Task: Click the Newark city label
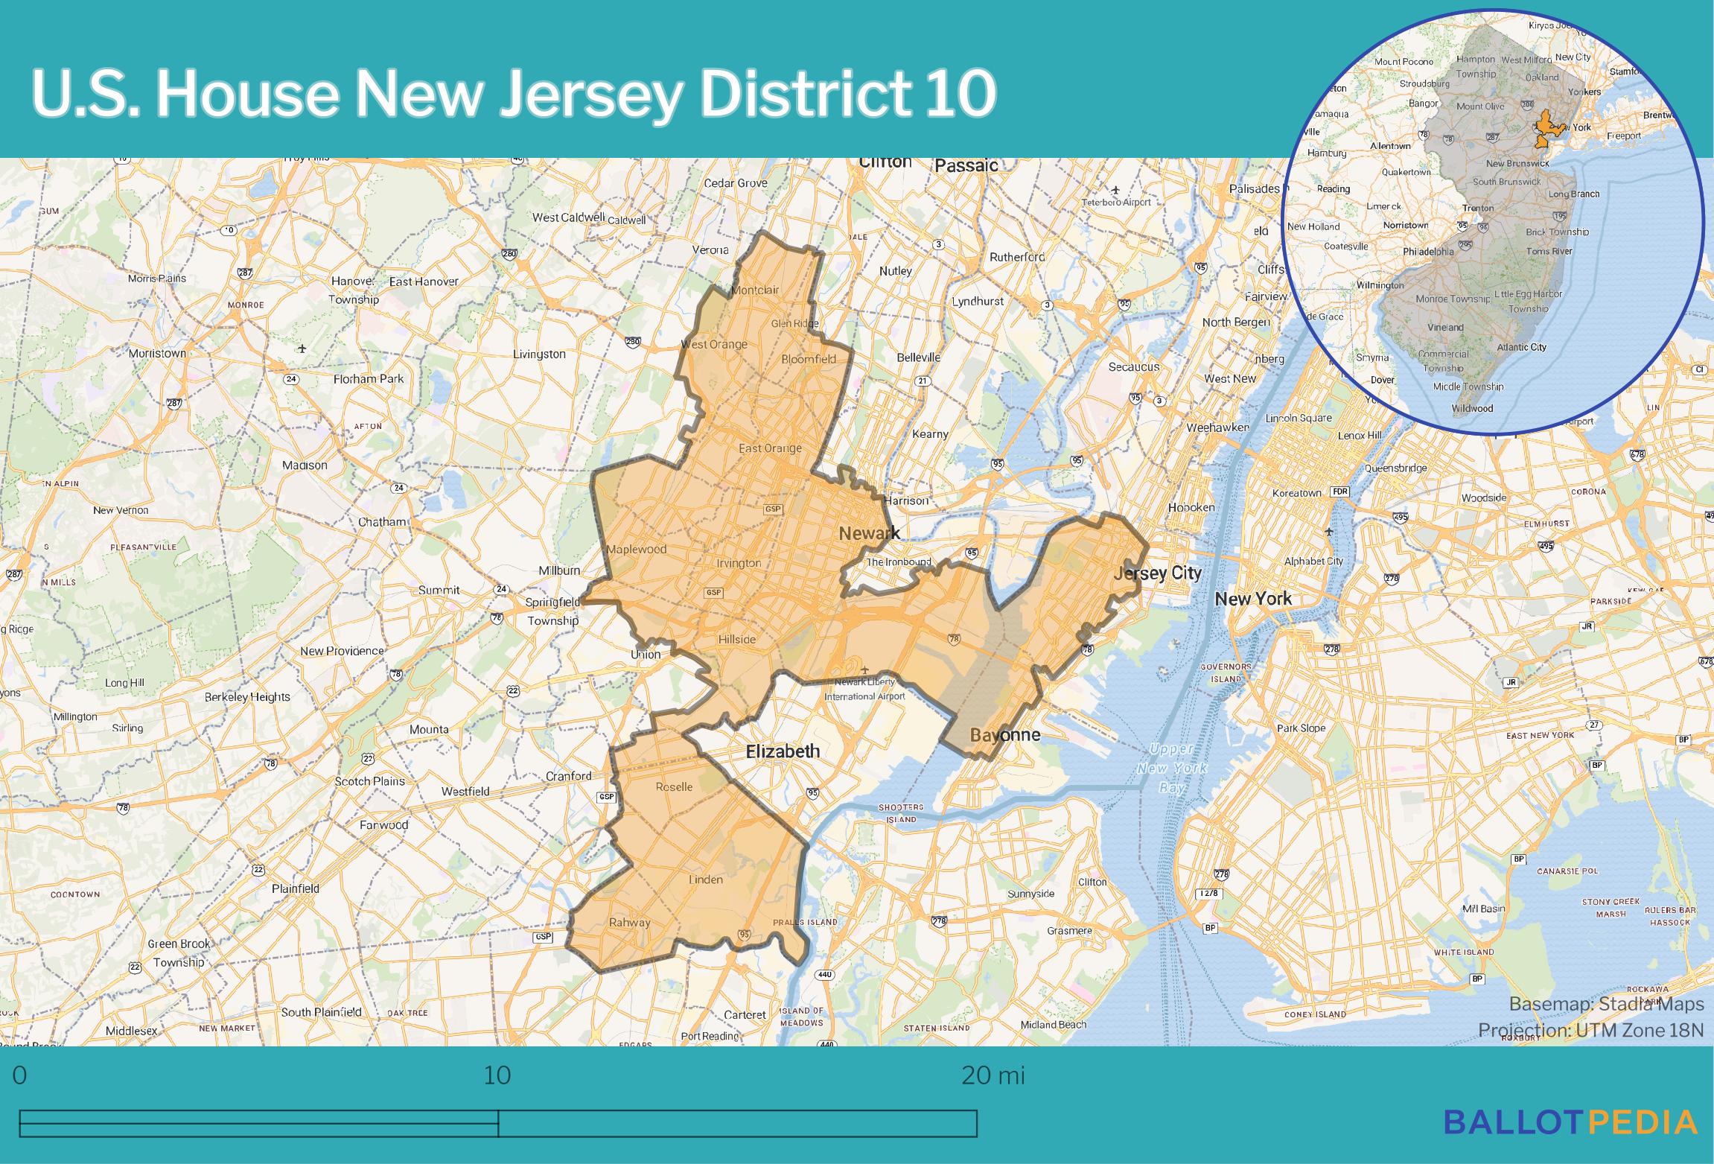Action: coord(869,533)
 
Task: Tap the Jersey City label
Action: coord(1157,573)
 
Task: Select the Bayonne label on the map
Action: coord(1005,736)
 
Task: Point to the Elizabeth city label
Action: coord(783,751)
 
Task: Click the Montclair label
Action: coord(755,290)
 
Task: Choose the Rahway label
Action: coord(629,922)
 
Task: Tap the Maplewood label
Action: coord(637,550)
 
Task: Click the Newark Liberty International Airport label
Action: coord(864,689)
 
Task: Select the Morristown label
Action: coord(157,353)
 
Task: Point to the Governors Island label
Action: coord(1226,672)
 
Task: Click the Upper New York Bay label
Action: coord(1172,768)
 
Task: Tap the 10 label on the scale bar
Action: coord(497,1076)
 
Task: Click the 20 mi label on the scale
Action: coord(993,1076)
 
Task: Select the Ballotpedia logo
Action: coord(1570,1122)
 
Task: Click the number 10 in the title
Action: coord(960,94)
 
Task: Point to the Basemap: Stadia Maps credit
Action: coord(1606,1004)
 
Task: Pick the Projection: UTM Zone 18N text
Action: coord(1590,1030)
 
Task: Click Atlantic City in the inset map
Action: coord(1521,347)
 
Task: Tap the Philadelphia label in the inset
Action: coord(1428,252)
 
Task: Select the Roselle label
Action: coord(674,787)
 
